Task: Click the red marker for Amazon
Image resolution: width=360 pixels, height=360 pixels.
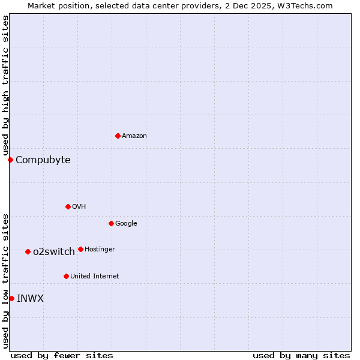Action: click(x=118, y=136)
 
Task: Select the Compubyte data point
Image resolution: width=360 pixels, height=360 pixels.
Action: click(x=10, y=160)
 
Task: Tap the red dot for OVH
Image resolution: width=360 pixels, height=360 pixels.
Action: click(x=68, y=206)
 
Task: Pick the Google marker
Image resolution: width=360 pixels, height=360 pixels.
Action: click(x=111, y=223)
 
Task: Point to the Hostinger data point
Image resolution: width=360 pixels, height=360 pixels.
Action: click(x=80, y=249)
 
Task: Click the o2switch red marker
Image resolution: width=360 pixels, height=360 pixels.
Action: click(x=28, y=251)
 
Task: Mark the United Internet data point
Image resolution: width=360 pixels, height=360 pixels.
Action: click(x=66, y=276)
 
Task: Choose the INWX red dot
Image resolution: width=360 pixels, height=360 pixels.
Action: click(x=11, y=298)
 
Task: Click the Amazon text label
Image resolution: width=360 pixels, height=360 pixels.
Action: click(x=134, y=136)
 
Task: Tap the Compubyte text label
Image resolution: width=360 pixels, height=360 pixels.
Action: click(x=43, y=160)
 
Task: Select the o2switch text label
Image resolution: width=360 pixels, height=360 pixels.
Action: click(x=54, y=251)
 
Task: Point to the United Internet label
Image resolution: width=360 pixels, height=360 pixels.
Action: click(x=94, y=277)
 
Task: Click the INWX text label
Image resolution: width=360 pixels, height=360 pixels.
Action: click(x=30, y=298)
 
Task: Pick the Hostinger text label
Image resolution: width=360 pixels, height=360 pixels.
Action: click(x=100, y=249)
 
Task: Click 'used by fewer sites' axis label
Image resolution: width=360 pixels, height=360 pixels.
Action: click(x=62, y=355)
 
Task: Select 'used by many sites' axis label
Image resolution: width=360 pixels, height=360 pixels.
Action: click(x=301, y=355)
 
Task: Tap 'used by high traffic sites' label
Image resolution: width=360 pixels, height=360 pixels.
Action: click(x=5, y=85)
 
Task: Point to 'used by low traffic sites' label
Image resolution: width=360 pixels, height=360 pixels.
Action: click(x=5, y=280)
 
